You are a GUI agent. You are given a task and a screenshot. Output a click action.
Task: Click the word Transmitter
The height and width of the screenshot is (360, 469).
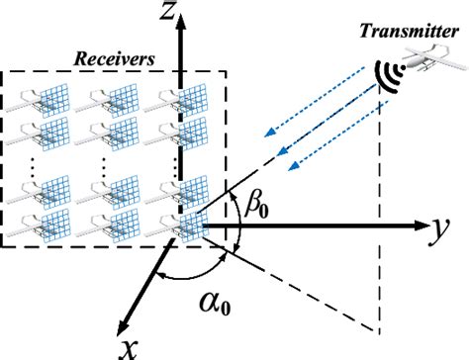(x=407, y=32)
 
